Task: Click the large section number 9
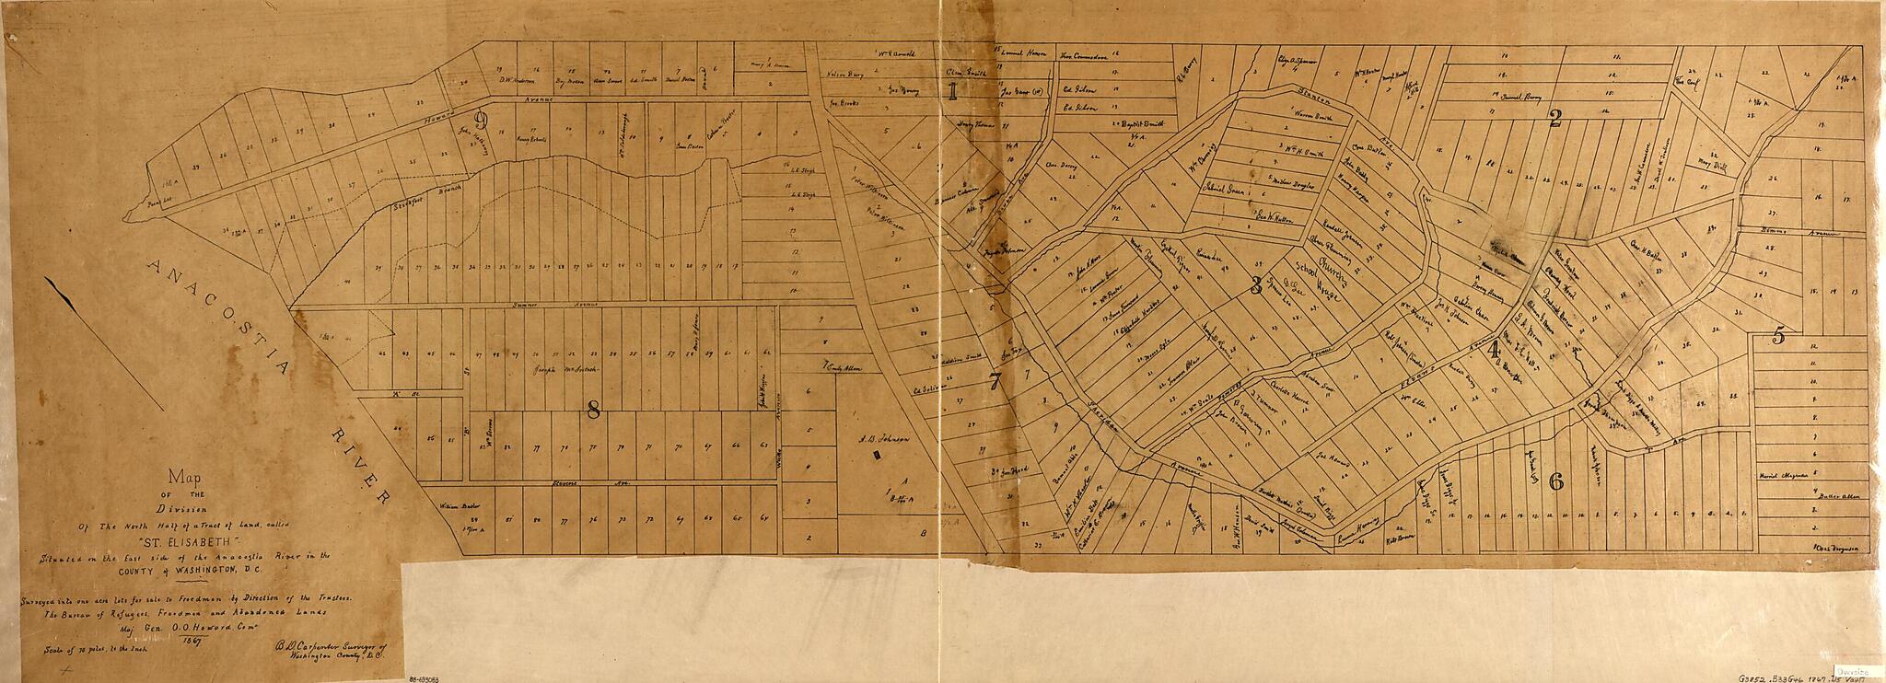point(480,119)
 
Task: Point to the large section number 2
point(1554,118)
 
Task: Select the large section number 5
point(1778,336)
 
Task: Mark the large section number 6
point(1556,480)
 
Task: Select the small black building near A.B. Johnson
point(877,453)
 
